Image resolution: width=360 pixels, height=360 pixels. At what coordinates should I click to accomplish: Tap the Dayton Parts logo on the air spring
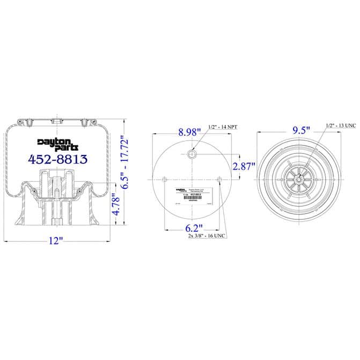58,144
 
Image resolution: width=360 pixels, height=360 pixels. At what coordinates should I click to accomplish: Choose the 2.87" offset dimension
245,166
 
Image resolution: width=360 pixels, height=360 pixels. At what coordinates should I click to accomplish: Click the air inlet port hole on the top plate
193,155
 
